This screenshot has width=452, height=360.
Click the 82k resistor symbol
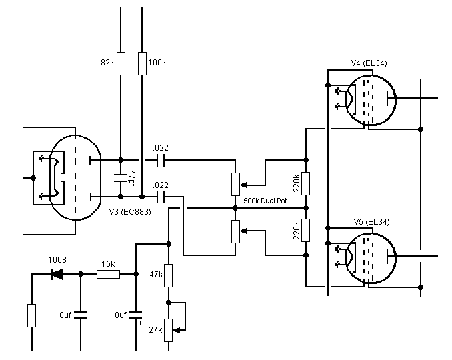coord(121,64)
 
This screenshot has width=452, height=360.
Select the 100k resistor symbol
coord(142,64)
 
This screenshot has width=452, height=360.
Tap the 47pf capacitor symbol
coord(121,178)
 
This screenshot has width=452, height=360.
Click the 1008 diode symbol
coord(57,274)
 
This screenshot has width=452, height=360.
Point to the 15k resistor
coord(109,274)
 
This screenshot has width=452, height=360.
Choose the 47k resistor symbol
coord(169,275)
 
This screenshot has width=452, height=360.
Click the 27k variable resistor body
coord(169,330)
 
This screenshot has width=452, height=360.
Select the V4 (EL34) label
coord(369,63)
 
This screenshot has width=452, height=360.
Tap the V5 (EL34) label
coord(371,222)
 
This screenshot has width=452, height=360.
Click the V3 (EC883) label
coord(130,212)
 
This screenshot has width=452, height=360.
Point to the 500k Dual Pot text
coord(265,201)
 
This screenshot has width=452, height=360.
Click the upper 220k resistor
coord(306,183)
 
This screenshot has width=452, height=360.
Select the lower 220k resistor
coord(306,230)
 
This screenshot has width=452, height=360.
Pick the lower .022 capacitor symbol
coord(161,197)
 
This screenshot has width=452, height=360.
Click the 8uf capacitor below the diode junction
coord(81,315)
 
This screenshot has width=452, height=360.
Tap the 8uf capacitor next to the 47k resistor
coord(136,315)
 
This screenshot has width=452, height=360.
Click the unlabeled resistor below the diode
coord(32,315)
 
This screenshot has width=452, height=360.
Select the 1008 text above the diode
coord(57,260)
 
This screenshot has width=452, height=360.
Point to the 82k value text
coord(107,63)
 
